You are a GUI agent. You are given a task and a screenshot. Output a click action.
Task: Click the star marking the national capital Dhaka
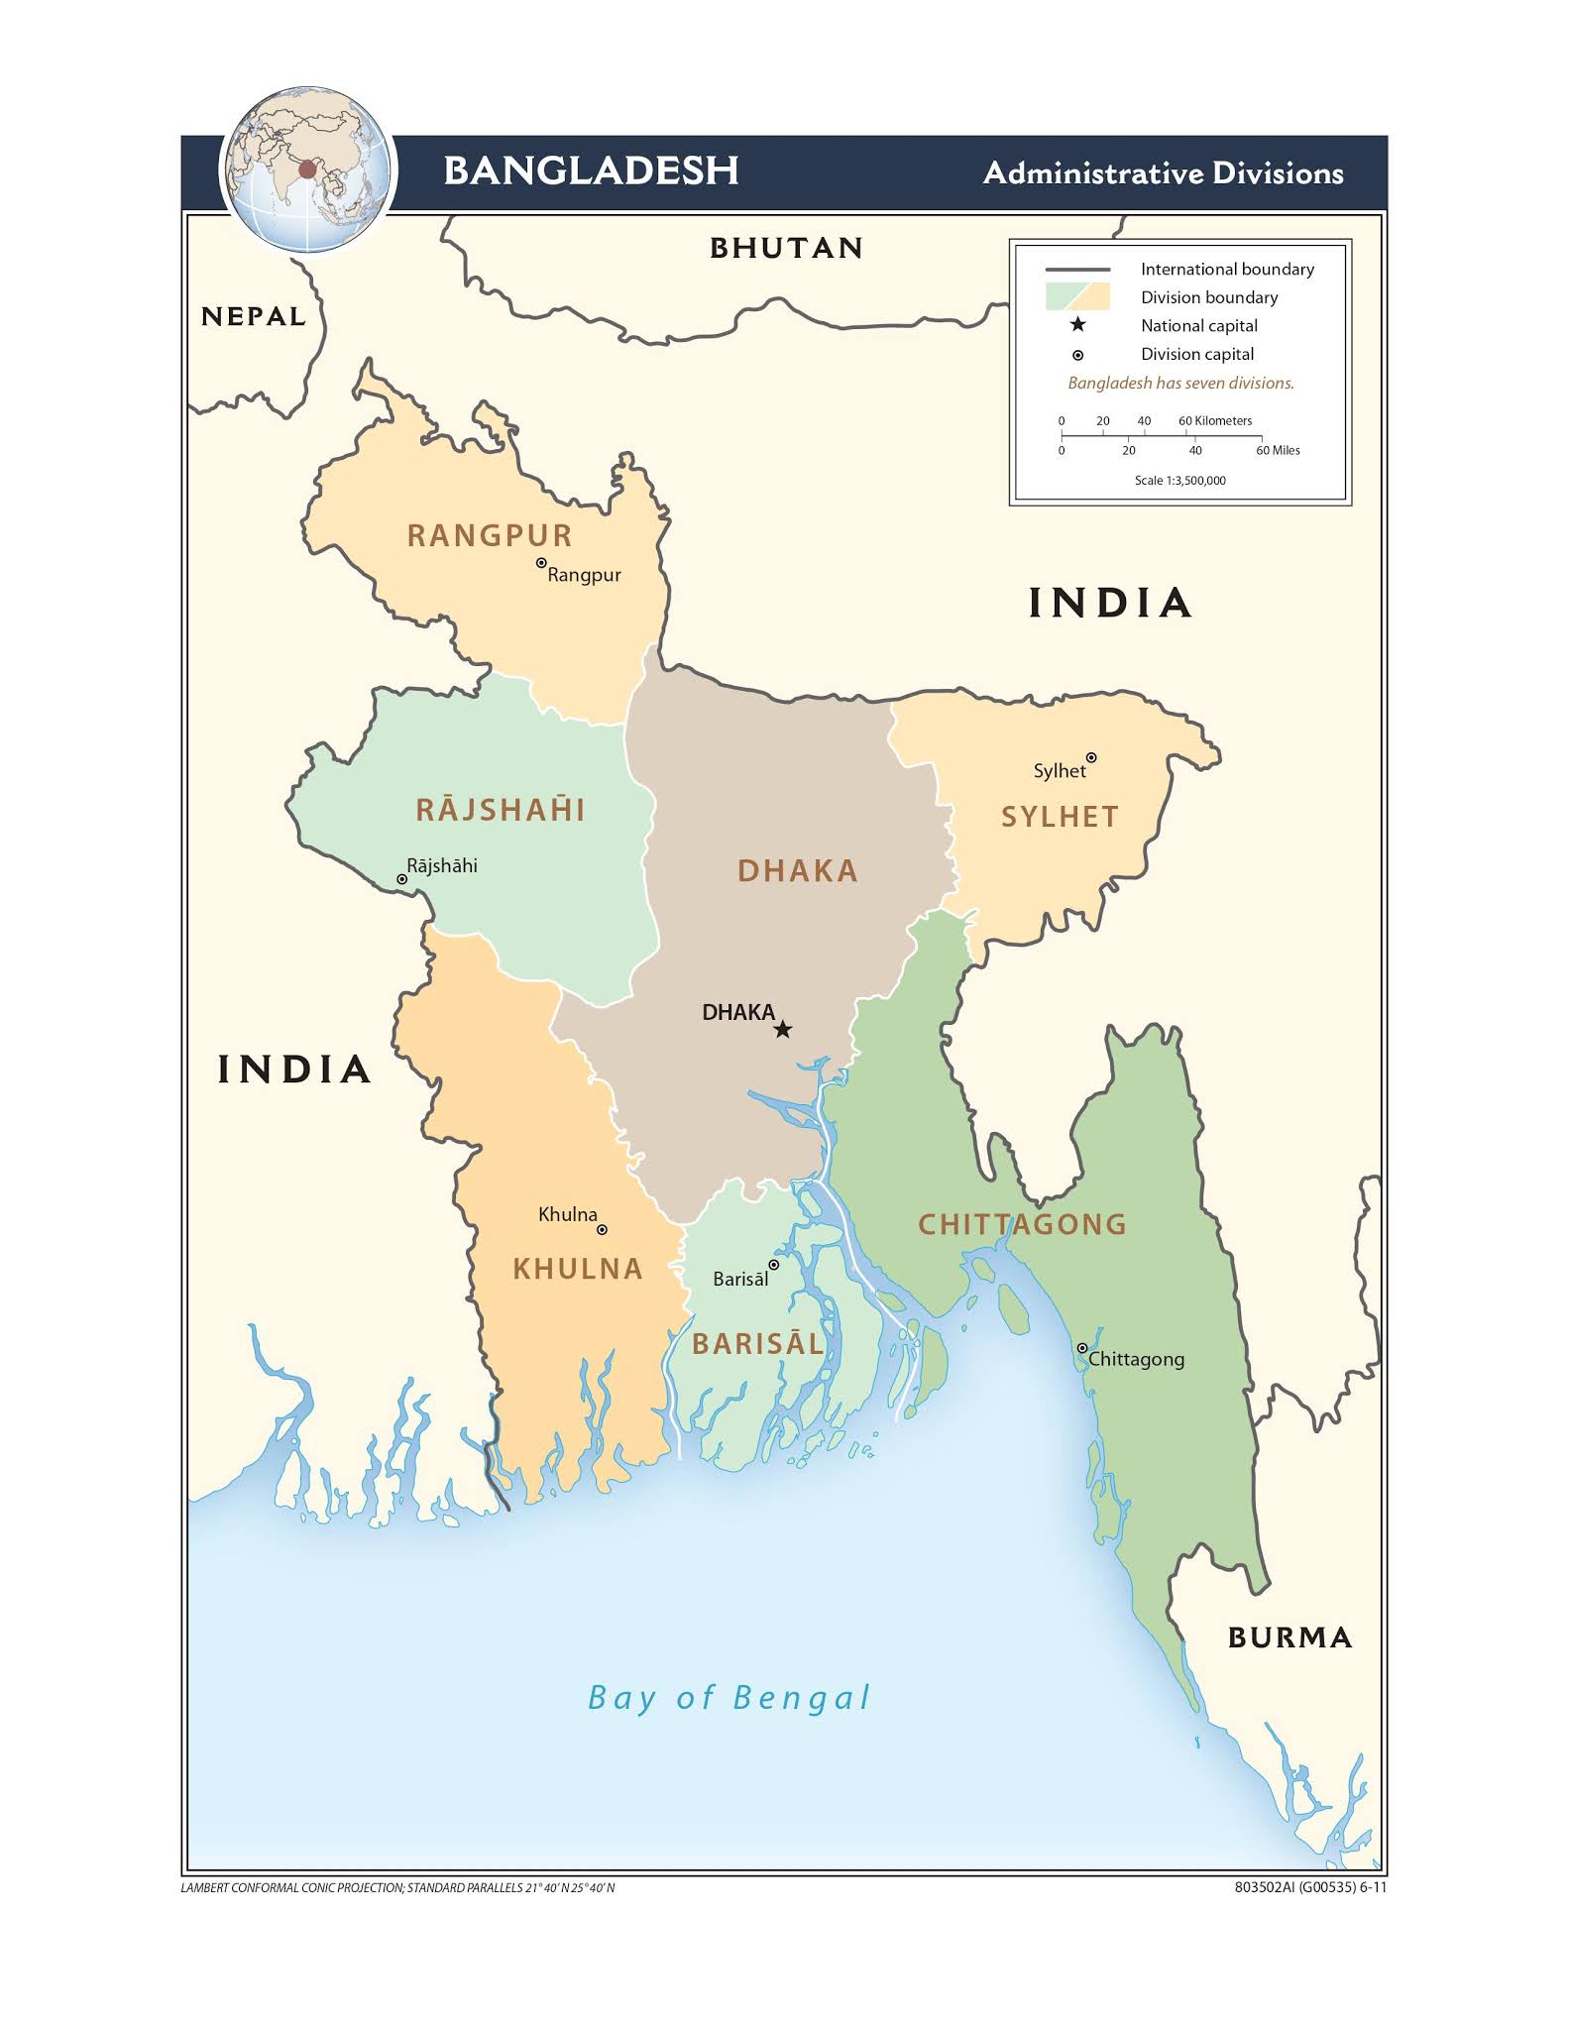point(782,1030)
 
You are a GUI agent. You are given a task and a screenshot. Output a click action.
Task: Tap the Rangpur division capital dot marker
point(541,563)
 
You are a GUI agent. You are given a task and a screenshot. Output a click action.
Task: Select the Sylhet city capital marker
point(1091,758)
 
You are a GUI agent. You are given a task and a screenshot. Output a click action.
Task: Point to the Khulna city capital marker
point(602,1230)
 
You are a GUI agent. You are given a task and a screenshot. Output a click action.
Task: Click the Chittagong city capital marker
point(1082,1348)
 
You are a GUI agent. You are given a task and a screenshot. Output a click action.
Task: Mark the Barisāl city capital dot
point(774,1265)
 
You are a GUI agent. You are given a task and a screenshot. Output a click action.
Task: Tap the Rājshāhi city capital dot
point(402,879)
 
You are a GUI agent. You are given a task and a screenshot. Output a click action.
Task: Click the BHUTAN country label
point(786,248)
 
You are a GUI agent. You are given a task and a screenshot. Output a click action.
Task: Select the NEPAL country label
point(254,317)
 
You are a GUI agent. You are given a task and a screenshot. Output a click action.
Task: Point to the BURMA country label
point(1289,1637)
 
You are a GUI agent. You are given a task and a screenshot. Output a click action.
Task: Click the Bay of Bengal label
point(729,1698)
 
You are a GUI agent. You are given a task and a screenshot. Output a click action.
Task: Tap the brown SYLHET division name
point(1060,817)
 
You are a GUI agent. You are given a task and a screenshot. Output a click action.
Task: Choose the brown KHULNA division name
point(578,1269)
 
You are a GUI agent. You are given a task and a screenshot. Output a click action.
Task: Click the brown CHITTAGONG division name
point(1022,1224)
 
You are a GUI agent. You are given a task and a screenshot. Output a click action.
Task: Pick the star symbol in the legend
point(1077,325)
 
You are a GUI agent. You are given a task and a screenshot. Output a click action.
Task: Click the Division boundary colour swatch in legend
point(1077,296)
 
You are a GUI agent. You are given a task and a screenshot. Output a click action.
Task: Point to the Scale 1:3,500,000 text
point(1179,481)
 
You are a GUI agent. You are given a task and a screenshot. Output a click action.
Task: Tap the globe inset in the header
point(307,169)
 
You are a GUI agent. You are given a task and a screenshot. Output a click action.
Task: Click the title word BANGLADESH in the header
point(591,170)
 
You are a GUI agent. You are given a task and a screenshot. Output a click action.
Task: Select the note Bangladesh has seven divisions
point(1180,384)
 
